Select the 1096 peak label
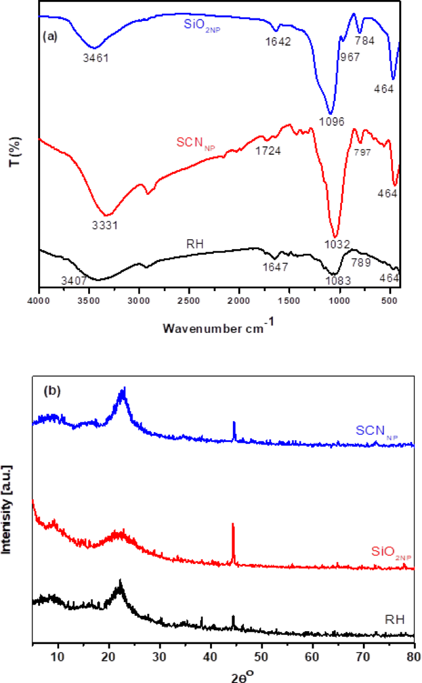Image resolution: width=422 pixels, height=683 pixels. click(332, 120)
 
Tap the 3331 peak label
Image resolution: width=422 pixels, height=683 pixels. click(105, 225)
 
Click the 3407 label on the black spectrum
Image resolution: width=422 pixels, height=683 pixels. click(73, 280)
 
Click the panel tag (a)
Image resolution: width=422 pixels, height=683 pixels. click(50, 36)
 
